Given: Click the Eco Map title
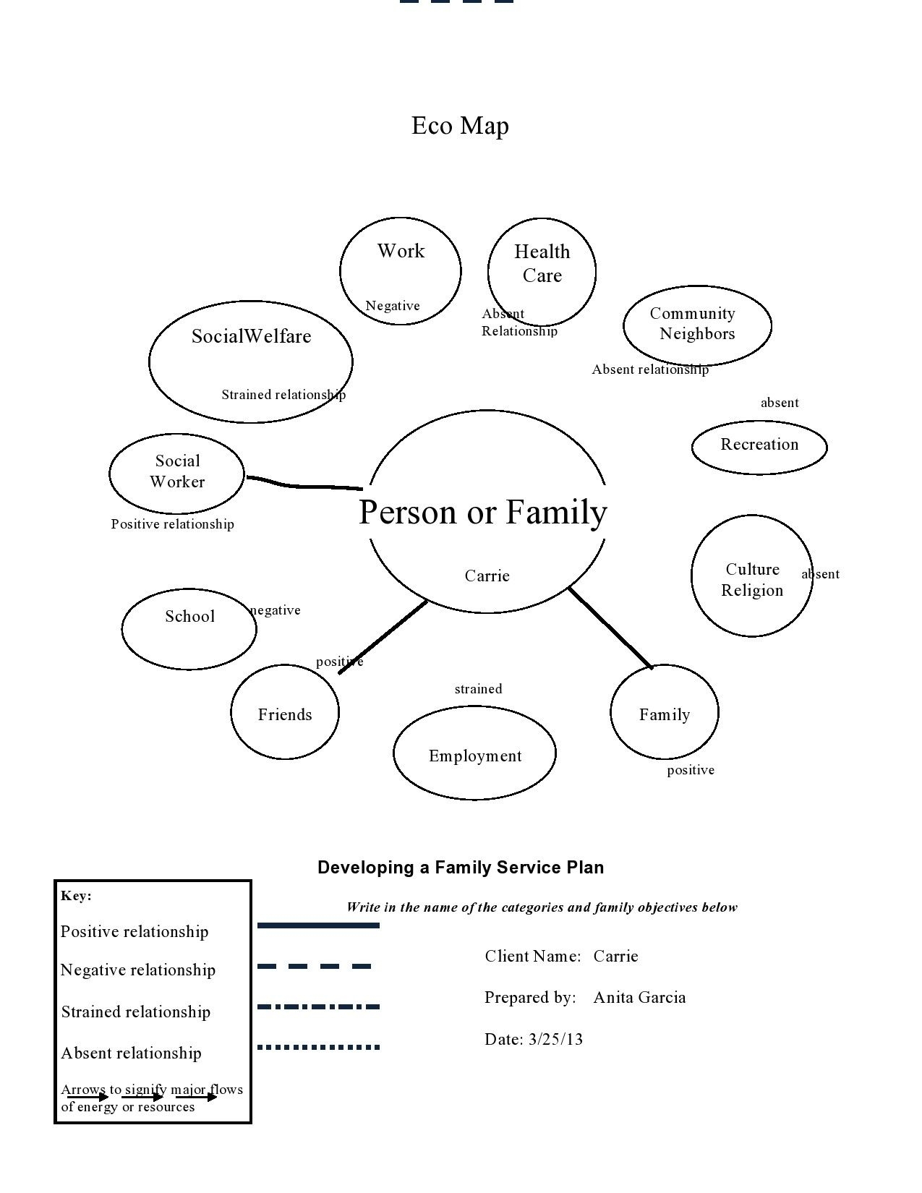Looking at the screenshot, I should [460, 126].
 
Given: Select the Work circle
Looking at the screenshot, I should [400, 271].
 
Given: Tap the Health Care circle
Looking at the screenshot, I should [542, 271].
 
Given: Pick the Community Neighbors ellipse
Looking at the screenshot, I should [697, 325].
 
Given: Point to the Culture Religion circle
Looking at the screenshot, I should [751, 576].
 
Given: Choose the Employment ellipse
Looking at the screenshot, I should [474, 753].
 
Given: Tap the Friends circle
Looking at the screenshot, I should [285, 712].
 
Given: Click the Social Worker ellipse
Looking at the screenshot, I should [177, 473].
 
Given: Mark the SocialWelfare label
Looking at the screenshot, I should [251, 336].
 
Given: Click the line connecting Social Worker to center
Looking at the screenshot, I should [304, 485].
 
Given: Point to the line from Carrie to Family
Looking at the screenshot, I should [610, 626].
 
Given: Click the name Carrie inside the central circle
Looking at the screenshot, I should [487, 576].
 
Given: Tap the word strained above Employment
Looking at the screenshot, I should [478, 689].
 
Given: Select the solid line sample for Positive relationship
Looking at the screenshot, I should [318, 925].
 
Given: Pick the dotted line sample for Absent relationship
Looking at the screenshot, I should [318, 1046].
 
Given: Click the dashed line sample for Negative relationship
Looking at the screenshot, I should [315, 966].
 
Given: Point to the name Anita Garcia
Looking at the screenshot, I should [639, 998].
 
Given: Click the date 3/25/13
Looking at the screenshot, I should [555, 1040].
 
